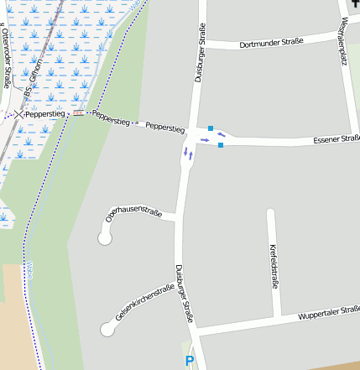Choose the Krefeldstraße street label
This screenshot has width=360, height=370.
pos(274,267)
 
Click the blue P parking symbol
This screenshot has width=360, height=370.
pos(190,362)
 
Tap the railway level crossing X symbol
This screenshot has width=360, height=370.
pos(18,114)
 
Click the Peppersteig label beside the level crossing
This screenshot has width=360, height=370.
pos(43,113)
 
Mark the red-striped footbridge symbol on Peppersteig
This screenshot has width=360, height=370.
pos(78,113)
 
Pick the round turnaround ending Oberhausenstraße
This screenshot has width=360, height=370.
pos(105,239)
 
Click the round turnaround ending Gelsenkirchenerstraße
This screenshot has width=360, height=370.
pos(107,330)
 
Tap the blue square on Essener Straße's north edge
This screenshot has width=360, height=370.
pos(211,128)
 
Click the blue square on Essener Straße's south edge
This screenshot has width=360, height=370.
pos(221,145)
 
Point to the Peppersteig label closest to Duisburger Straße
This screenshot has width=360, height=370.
pos(164,128)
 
